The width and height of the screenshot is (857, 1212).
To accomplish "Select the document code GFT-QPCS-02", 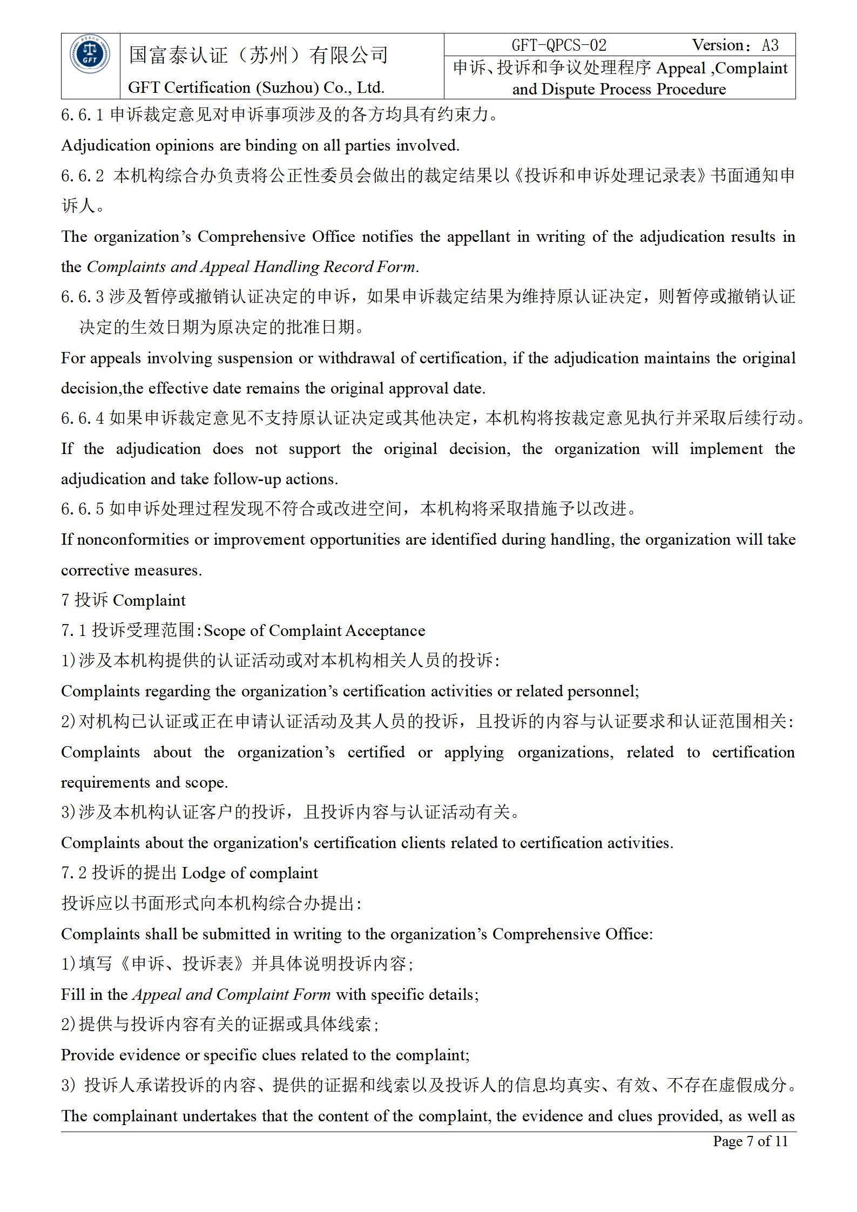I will coord(559,45).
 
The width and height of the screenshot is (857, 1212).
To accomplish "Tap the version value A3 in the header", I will coord(770,45).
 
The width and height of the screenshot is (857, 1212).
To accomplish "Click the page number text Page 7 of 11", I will coord(750,1141).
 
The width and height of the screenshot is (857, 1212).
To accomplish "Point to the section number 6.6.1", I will coord(82,115).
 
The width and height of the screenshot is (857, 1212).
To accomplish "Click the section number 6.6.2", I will coord(82,176).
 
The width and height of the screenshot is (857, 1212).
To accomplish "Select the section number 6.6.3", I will coord(82,297).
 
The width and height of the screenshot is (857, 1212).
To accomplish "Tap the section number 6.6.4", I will coord(82,418).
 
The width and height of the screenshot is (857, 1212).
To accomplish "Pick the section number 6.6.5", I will coord(82,509).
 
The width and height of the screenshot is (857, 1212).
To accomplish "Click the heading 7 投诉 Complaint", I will coord(123,600).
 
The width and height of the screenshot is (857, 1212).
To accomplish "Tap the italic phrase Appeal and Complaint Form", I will coord(232,994).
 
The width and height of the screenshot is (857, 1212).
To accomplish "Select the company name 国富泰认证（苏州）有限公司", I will coord(258,55).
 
